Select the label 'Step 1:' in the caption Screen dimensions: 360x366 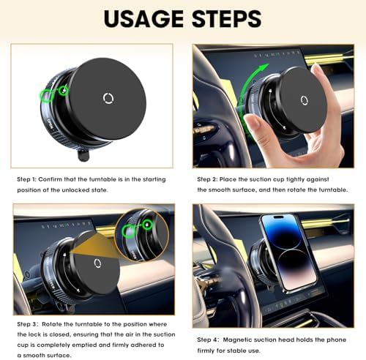coord(29,179)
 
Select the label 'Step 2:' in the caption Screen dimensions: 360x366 coord(210,179)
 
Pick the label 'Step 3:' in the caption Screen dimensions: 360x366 coord(29,325)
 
